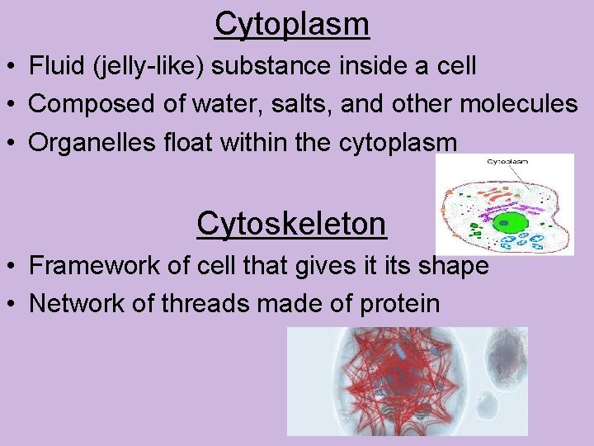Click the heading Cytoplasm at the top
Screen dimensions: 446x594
[x=292, y=24]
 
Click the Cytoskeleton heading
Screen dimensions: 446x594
[x=291, y=223]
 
